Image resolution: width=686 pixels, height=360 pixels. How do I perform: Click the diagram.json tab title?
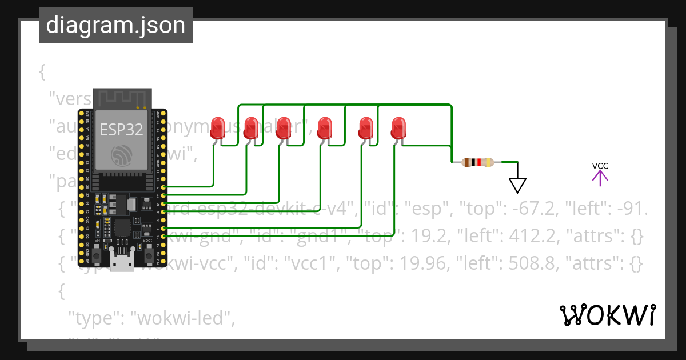click(115, 25)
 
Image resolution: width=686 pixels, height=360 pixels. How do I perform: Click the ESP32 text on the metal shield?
click(121, 129)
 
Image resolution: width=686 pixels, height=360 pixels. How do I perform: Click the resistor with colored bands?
click(478, 162)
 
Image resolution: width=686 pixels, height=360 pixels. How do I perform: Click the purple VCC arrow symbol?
click(600, 178)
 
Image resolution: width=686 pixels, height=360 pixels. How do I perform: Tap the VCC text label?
click(600, 166)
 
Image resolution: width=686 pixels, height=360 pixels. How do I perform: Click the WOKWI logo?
click(607, 315)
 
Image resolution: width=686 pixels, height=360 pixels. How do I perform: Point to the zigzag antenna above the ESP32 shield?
click(122, 97)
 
